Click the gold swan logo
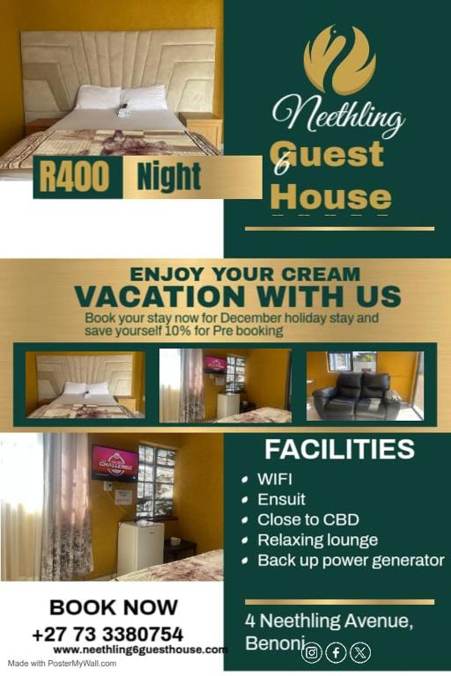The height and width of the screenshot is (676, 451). point(339,60)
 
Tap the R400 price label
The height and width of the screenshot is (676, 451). point(75,177)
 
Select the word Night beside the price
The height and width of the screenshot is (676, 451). point(169,177)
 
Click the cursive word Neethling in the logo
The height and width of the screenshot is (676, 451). point(338,115)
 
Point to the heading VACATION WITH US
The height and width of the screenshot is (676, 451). point(237,296)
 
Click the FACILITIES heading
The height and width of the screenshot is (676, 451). point(339,449)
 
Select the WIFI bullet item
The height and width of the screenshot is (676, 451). point(274,480)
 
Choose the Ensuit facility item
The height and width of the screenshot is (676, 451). point(281,499)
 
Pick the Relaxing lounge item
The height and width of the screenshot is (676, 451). point(317,540)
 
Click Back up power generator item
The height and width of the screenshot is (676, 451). point(350,560)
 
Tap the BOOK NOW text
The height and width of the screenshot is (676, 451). point(114,607)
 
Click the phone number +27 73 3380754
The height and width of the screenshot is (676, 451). point(107,634)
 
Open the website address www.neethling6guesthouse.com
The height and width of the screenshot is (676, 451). point(140,650)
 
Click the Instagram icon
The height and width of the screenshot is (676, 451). point(312,653)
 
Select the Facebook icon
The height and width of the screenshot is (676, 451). point(336,653)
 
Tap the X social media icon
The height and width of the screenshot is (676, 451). point(360,653)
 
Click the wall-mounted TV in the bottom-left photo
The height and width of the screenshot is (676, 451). point(115,462)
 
